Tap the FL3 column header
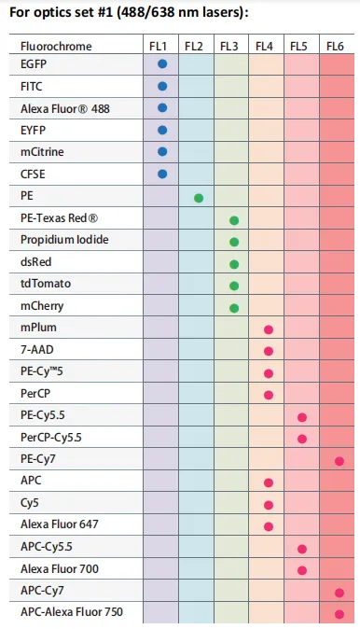[229, 46]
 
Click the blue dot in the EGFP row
[162, 64]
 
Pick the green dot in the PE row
[199, 198]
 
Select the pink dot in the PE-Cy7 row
[339, 461]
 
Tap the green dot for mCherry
[234, 308]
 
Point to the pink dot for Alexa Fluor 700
[302, 570]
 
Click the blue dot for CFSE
[162, 174]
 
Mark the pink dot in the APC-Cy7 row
[339, 593]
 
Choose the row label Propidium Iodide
[64, 240]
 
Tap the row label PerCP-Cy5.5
[53, 437]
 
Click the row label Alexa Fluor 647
[59, 524]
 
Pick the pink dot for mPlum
[269, 329]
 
